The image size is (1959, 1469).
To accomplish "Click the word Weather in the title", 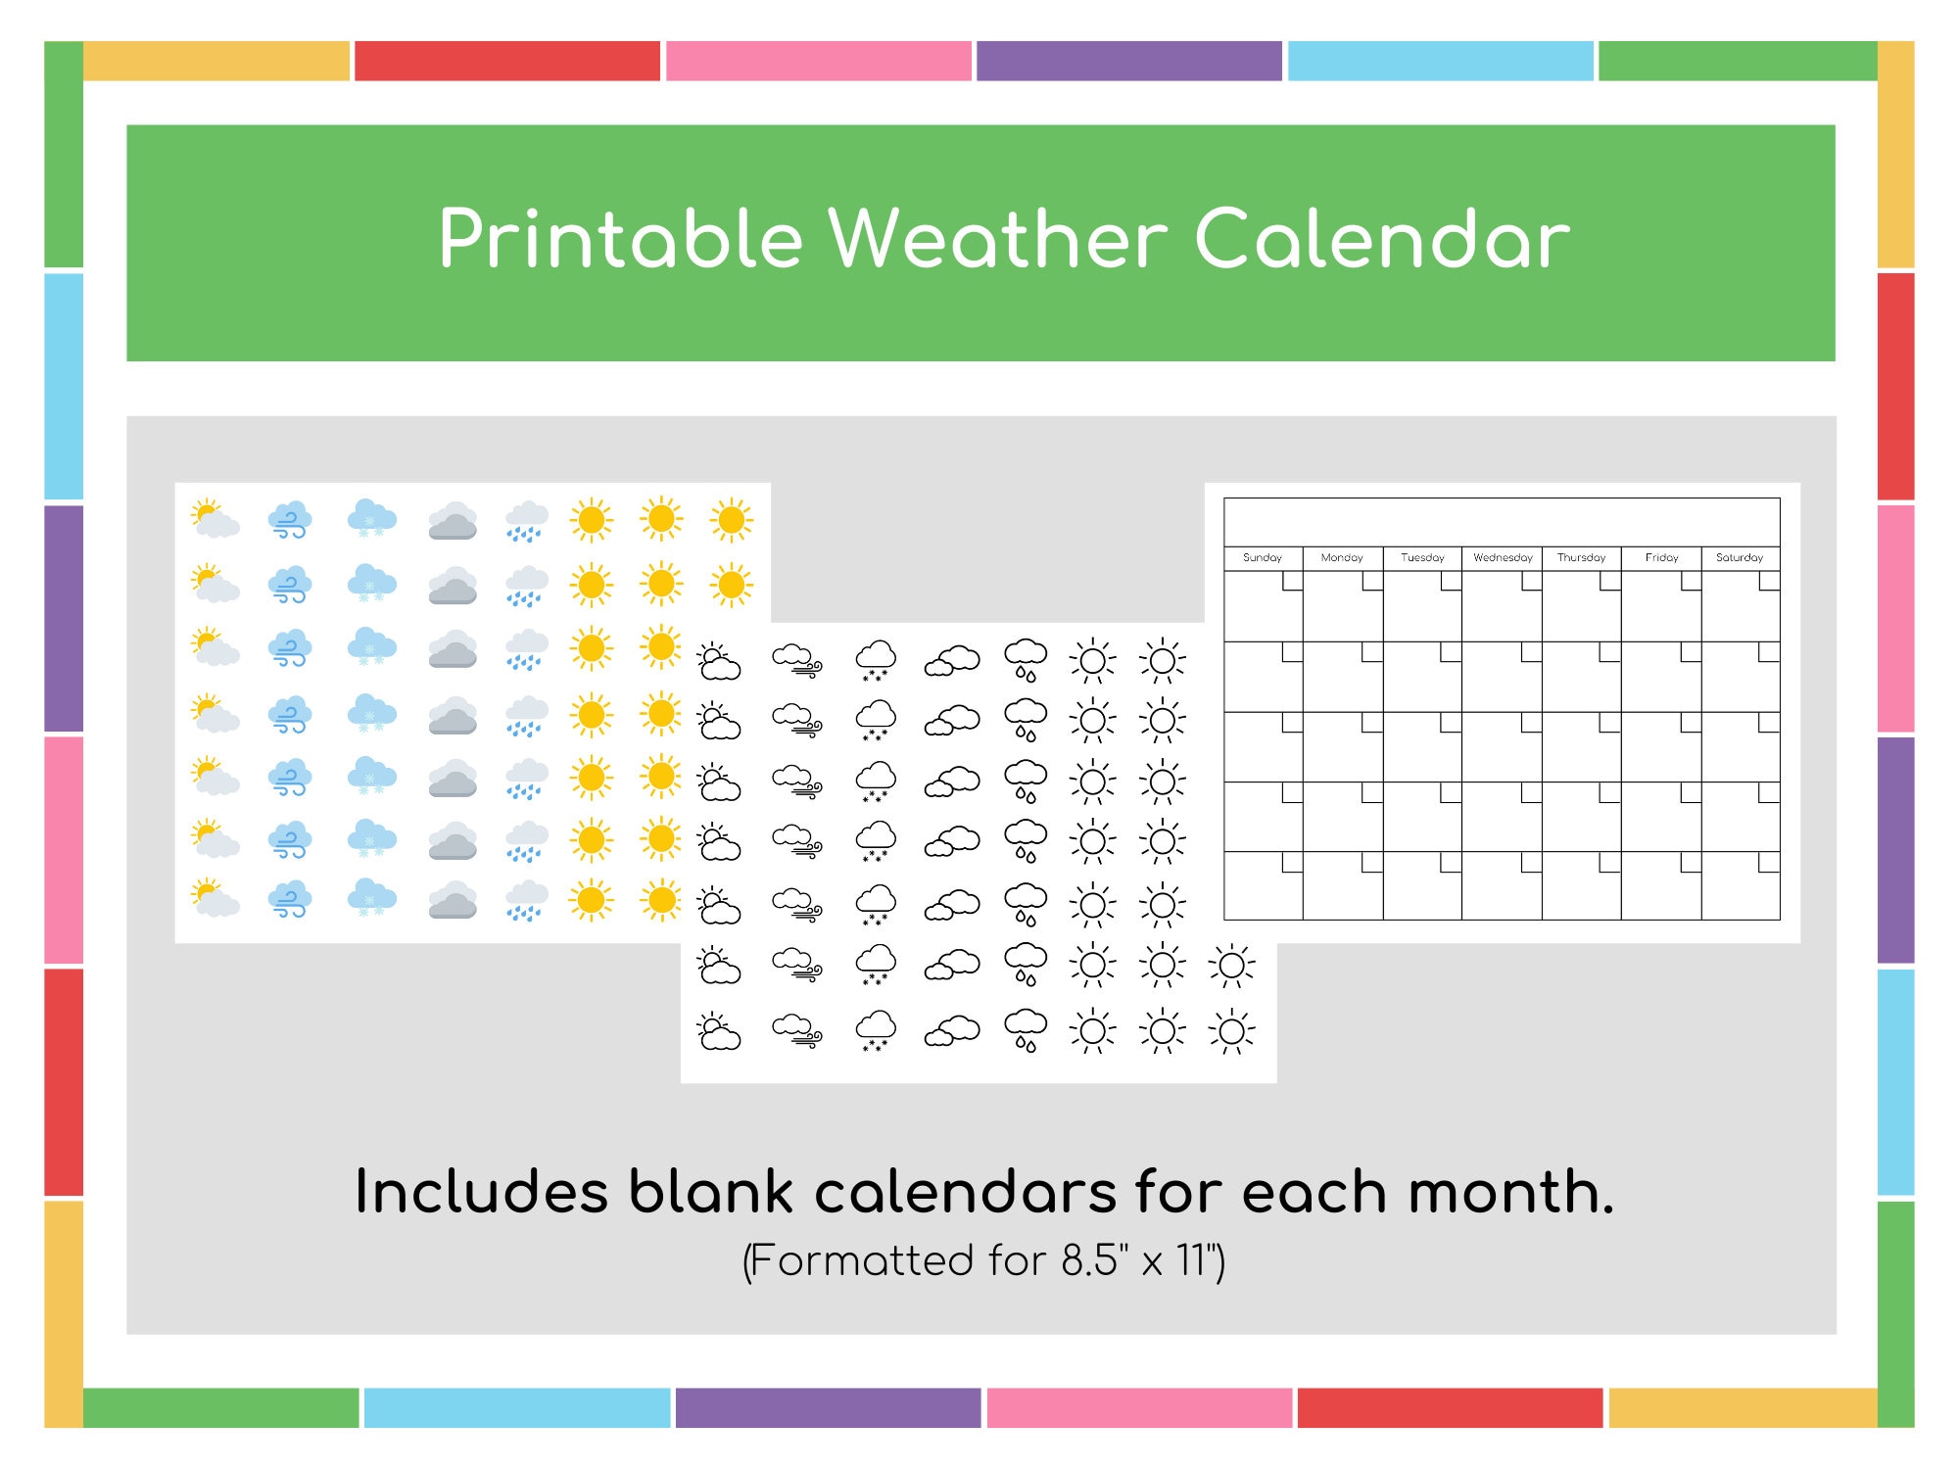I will tap(998, 240).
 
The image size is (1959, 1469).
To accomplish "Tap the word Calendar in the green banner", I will tap(1382, 240).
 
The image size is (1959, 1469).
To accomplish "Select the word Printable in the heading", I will tap(620, 240).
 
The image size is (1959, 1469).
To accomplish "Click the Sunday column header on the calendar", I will tap(1262, 557).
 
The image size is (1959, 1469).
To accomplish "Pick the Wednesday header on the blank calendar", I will tap(1502, 557).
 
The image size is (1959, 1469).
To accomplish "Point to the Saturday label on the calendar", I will tap(1739, 557).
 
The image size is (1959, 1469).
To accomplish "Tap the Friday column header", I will tap(1661, 557).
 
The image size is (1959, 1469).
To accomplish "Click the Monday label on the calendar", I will tap(1341, 557).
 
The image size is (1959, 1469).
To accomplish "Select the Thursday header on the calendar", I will tap(1581, 557).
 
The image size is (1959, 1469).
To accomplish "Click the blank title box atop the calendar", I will tap(1501, 522).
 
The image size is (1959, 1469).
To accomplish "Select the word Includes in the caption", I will tap(481, 1193).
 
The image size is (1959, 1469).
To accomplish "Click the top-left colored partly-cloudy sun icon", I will tap(215, 519).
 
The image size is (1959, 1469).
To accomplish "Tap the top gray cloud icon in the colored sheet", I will tap(453, 521).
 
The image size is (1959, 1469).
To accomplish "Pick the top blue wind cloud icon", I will tap(290, 520).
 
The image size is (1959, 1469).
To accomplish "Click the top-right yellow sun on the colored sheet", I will tap(731, 520).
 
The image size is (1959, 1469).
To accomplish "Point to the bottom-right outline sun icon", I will tap(1231, 1031).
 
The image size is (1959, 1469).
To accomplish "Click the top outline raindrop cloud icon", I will tap(1026, 659).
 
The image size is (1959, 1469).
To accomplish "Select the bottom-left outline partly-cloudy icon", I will tap(719, 1031).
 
